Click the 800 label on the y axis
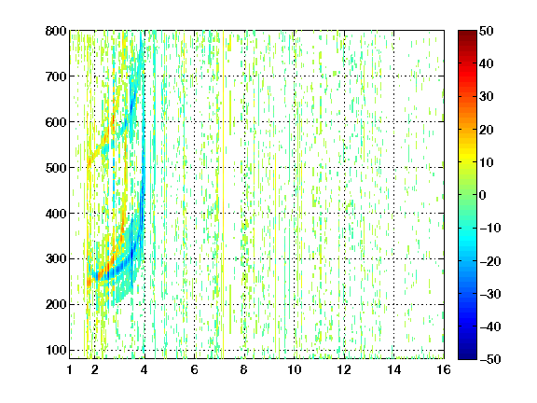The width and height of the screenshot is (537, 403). coord(56,31)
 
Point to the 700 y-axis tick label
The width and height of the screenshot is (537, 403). coord(56,76)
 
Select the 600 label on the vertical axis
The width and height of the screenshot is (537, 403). coord(56,122)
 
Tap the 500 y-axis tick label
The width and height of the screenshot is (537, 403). coord(56,168)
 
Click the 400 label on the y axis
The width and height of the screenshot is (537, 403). coord(56,214)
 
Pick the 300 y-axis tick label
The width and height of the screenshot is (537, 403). coord(56,259)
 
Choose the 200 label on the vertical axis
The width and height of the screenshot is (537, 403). coord(56,305)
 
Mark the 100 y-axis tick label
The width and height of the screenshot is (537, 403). coord(56,350)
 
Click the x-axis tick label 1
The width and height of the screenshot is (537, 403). coord(70,369)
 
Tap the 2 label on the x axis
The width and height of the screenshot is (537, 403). coord(95,369)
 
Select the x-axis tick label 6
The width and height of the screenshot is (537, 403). coord(195,369)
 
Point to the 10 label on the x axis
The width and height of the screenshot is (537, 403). coord(295,369)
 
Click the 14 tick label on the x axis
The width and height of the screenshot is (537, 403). coord(393,369)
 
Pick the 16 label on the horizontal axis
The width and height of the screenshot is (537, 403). coord(444,369)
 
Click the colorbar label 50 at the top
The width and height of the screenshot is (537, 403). coord(487,31)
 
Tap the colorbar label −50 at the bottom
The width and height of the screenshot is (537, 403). coord(490,359)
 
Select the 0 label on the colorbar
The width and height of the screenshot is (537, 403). coord(483,195)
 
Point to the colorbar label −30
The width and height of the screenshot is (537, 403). coord(490,294)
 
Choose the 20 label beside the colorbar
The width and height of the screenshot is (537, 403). coord(487,130)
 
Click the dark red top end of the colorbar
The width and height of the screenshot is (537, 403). coord(467,33)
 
